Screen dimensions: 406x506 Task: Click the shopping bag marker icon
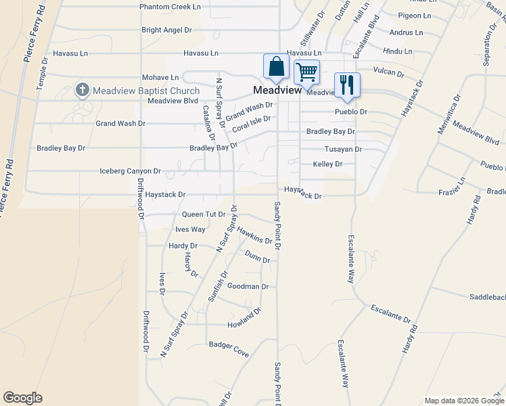[276, 67]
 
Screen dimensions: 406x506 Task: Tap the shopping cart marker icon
[307, 72]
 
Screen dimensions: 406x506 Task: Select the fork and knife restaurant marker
[348, 85]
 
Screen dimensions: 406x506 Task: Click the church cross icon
[83, 90]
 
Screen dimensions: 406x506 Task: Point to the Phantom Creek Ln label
[170, 6]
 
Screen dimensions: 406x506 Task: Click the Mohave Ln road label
[160, 78]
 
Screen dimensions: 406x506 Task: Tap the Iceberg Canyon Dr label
[130, 171]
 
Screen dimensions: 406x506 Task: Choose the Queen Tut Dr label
[204, 214]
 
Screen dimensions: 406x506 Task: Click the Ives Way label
[190, 229]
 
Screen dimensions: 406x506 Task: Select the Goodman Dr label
[248, 286]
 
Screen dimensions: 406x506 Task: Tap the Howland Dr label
[245, 316]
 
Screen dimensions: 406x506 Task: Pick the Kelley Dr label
[327, 164]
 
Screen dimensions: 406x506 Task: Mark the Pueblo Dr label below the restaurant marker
[351, 111]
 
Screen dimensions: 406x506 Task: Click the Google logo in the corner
[22, 398]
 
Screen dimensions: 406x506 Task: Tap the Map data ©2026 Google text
[463, 401]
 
